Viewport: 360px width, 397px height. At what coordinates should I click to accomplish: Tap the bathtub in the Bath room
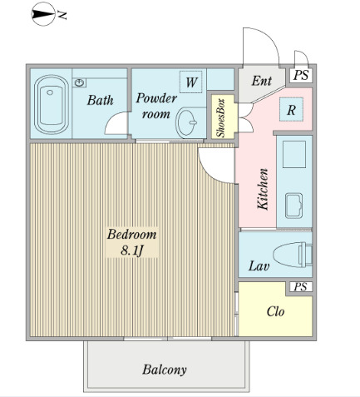coord(52,104)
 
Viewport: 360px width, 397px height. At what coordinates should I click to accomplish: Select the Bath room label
coord(100,100)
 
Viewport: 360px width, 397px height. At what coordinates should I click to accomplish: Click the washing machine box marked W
coord(191,82)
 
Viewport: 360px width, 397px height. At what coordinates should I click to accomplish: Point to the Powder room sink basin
coord(187,122)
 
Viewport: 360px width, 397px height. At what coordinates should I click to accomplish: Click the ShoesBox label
coord(220,117)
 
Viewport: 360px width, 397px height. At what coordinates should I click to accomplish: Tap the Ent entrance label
coord(261,81)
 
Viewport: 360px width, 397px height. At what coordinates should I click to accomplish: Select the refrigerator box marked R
coord(291,109)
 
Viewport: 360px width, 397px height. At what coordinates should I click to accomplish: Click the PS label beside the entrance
coord(301,75)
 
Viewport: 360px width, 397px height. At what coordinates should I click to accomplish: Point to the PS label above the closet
coord(301,286)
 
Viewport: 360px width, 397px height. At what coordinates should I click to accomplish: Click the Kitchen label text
coord(263,189)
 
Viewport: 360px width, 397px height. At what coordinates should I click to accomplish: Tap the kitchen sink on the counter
coord(293,206)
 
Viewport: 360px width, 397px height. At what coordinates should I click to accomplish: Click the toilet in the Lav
coord(293,255)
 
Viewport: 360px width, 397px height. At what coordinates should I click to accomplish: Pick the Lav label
coord(259,265)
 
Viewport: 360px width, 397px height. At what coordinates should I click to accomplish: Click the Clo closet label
coord(275,311)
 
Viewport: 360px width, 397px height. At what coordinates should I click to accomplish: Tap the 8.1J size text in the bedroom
coord(131,251)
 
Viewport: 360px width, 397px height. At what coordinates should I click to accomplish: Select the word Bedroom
coord(132,235)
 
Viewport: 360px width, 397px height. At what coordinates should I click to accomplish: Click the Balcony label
coord(165,370)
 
